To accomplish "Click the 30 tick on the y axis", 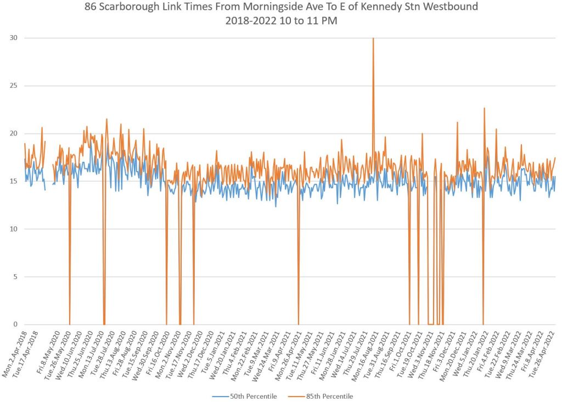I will pos(12,38).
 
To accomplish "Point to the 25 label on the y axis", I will pos(12,86).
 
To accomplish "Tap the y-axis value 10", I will pos(12,229).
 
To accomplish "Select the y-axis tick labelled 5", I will pos(14,276).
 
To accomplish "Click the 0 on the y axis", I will pos(14,324).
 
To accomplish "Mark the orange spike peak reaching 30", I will pos(373,38).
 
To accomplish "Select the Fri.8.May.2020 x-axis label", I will pos(52,351).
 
